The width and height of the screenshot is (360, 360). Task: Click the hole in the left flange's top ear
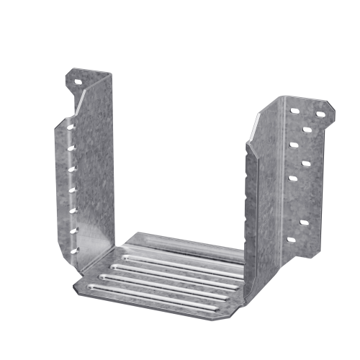[x=78, y=81]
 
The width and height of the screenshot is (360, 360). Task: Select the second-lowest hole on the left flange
[x=73, y=228]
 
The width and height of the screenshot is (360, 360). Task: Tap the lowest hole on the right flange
[x=291, y=239]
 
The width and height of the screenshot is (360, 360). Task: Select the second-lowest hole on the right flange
[x=304, y=222]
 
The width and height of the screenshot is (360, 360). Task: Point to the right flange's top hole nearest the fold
[x=294, y=112]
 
